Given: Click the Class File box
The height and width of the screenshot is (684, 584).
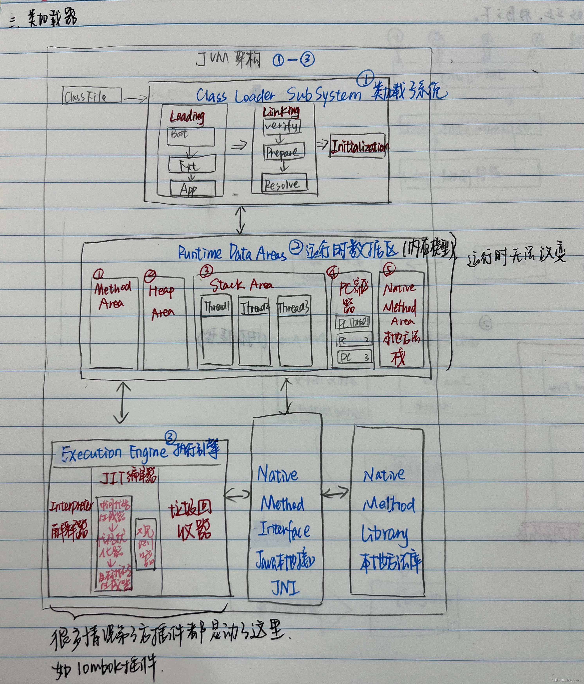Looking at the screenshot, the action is click(91, 96).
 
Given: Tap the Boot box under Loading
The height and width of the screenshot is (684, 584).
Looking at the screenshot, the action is click(191, 136).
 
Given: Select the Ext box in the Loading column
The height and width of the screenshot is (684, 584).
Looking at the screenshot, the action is click(192, 164).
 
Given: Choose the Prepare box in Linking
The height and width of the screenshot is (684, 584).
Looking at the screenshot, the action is click(283, 151).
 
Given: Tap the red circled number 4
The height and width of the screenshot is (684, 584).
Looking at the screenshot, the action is click(332, 272).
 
